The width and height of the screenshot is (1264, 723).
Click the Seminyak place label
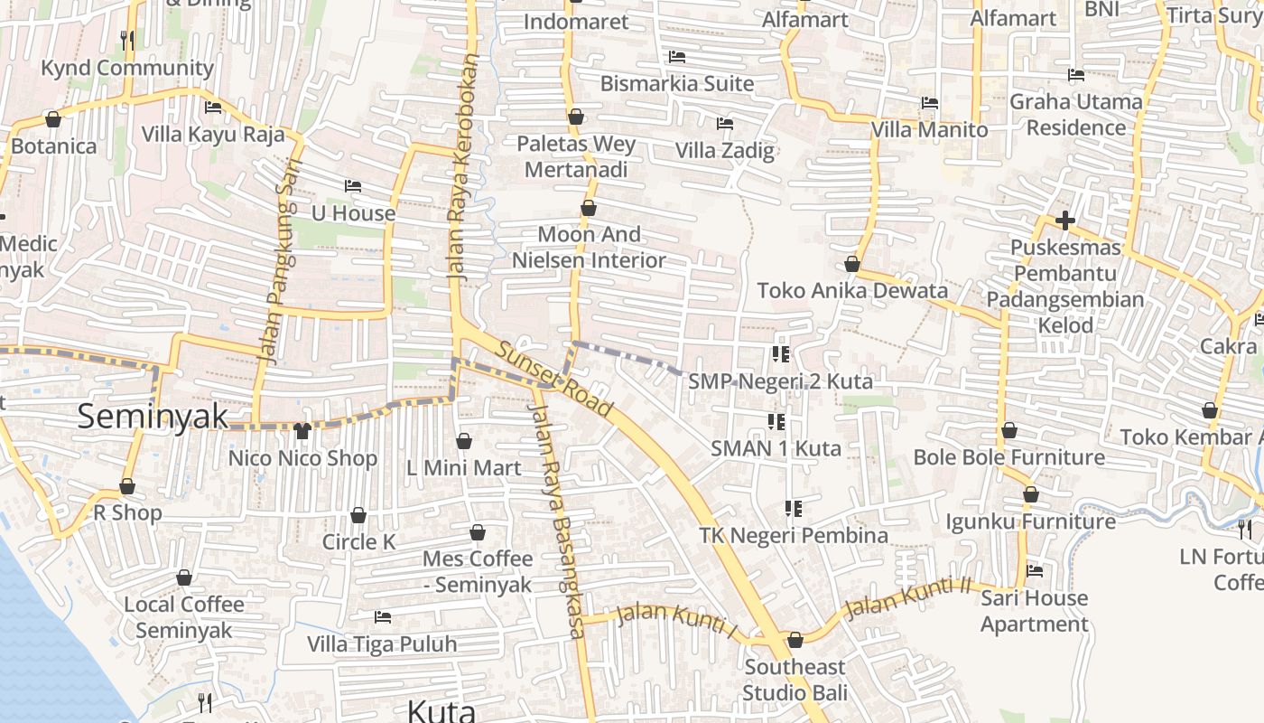(x=153, y=417)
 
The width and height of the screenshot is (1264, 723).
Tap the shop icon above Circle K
(x=358, y=515)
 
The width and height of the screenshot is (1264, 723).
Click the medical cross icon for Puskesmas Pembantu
(x=1064, y=220)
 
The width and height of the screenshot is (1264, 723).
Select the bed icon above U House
(x=353, y=186)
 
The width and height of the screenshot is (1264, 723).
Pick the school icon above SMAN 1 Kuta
(x=776, y=421)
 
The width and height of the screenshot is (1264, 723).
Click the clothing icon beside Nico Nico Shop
(x=302, y=431)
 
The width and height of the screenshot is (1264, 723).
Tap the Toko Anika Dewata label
(x=852, y=290)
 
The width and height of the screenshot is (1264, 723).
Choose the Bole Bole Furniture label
(x=1008, y=457)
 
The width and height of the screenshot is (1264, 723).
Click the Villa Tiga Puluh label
(x=382, y=644)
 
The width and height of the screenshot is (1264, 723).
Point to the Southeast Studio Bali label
(x=795, y=680)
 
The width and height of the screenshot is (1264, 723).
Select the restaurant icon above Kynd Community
(x=127, y=40)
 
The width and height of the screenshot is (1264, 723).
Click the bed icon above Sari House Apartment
(x=1035, y=571)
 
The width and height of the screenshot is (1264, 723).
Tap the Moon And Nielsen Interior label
(x=589, y=247)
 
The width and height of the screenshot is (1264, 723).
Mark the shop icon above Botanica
(x=53, y=119)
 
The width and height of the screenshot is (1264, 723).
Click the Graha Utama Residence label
(x=1075, y=114)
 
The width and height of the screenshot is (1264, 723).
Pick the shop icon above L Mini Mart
(x=463, y=441)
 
